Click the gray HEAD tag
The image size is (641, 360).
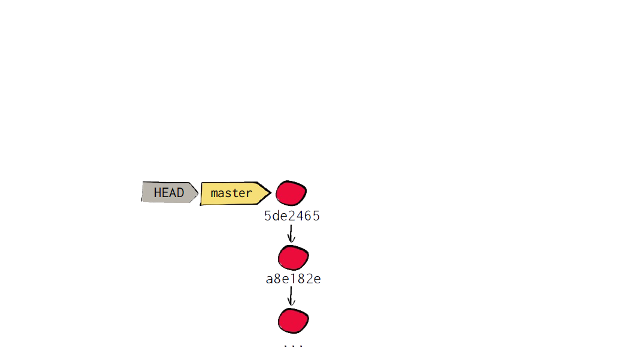click(170, 192)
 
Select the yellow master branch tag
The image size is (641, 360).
click(235, 193)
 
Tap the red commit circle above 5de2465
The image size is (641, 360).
click(291, 193)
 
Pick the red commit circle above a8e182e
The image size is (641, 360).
click(293, 258)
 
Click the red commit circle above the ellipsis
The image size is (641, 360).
click(293, 321)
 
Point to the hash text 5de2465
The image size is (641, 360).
click(292, 216)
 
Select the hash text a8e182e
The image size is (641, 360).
click(293, 279)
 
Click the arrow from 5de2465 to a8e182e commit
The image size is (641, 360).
click(291, 234)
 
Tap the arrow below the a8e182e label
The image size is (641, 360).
click(291, 297)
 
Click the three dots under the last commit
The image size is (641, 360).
click(293, 346)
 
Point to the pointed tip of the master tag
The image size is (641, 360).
click(271, 192)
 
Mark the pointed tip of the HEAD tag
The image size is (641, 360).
click(198, 192)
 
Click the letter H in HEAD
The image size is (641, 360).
click(158, 192)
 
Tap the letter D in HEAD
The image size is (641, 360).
click(180, 192)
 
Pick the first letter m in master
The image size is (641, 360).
click(214, 193)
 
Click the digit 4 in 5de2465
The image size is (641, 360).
click(300, 216)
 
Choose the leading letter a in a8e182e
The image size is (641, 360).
click(270, 280)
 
